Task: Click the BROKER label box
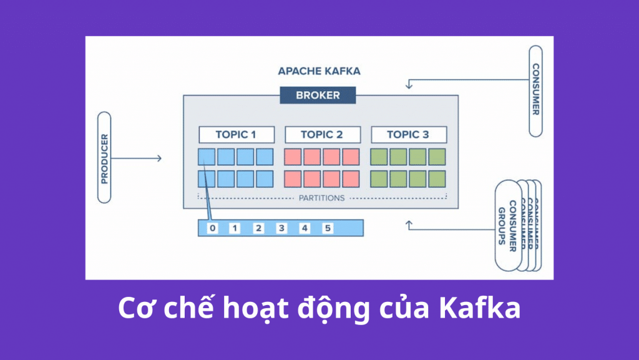(x=318, y=95)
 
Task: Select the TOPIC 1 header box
(x=236, y=134)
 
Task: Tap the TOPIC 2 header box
(x=322, y=134)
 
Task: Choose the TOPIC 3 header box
(x=408, y=134)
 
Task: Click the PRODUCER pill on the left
(x=104, y=157)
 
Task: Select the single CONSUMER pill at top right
(x=535, y=90)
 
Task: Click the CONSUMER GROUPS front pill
(x=507, y=226)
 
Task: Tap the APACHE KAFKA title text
(x=319, y=71)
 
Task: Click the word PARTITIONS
(x=321, y=198)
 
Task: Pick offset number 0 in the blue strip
(x=212, y=228)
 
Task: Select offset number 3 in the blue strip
(x=281, y=228)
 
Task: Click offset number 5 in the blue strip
(x=328, y=228)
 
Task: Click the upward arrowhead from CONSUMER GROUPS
(x=409, y=223)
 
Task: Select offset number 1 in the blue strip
(x=235, y=228)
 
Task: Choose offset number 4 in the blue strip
(x=305, y=228)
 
